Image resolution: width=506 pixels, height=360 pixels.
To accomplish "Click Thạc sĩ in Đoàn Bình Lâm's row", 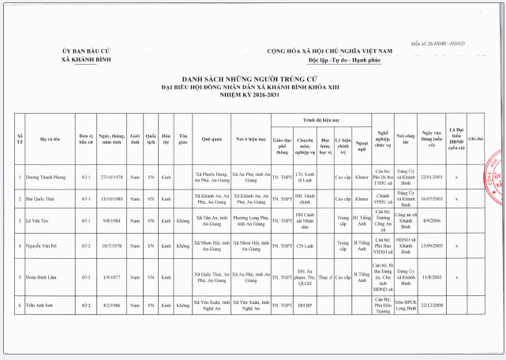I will pos(325,277).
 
